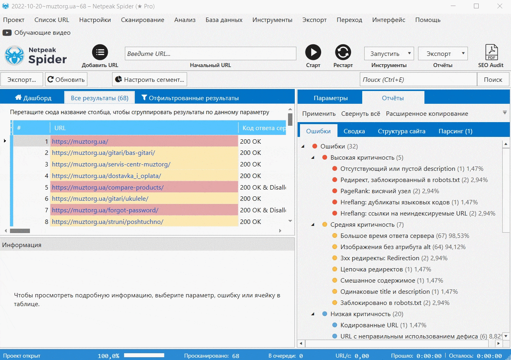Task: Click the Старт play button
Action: coord(313,52)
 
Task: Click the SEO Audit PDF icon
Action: coord(491,52)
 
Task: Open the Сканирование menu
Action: coord(142,20)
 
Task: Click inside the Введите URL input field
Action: coord(210,53)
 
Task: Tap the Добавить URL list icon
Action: coord(100,52)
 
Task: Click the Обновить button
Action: coord(66,79)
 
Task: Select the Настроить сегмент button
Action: coord(150,79)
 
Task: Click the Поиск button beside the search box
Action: coord(493,79)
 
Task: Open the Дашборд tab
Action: coord(33,98)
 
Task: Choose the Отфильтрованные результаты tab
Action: coord(190,98)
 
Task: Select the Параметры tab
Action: coord(331,98)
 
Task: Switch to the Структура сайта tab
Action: coord(401,131)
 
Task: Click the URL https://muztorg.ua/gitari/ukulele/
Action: coord(100,199)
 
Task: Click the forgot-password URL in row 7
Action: coord(105,210)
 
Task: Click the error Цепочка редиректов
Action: coord(371,269)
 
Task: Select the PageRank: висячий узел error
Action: coord(375,191)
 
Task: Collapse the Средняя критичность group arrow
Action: coord(313,225)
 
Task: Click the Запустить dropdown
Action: coord(389,53)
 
